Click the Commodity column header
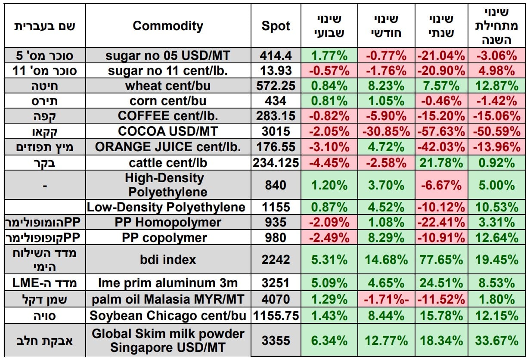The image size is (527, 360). click(168, 26)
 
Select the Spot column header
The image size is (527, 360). click(276, 26)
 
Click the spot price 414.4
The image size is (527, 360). click(276, 55)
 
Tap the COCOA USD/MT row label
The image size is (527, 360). click(168, 131)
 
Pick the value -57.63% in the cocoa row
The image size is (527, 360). click(441, 131)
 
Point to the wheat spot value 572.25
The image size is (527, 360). click(276, 86)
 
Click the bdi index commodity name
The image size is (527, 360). click(168, 260)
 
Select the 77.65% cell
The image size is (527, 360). click(441, 260)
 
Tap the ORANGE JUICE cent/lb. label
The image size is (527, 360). click(168, 147)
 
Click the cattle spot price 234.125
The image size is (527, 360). click(276, 163)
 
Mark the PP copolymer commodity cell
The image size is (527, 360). click(168, 238)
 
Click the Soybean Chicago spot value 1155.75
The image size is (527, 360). click(276, 316)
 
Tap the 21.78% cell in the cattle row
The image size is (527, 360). click(441, 163)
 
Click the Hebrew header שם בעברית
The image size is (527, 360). click(45, 26)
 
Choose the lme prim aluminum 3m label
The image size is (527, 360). click(168, 283)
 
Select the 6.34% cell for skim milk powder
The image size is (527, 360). click(329, 341)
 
